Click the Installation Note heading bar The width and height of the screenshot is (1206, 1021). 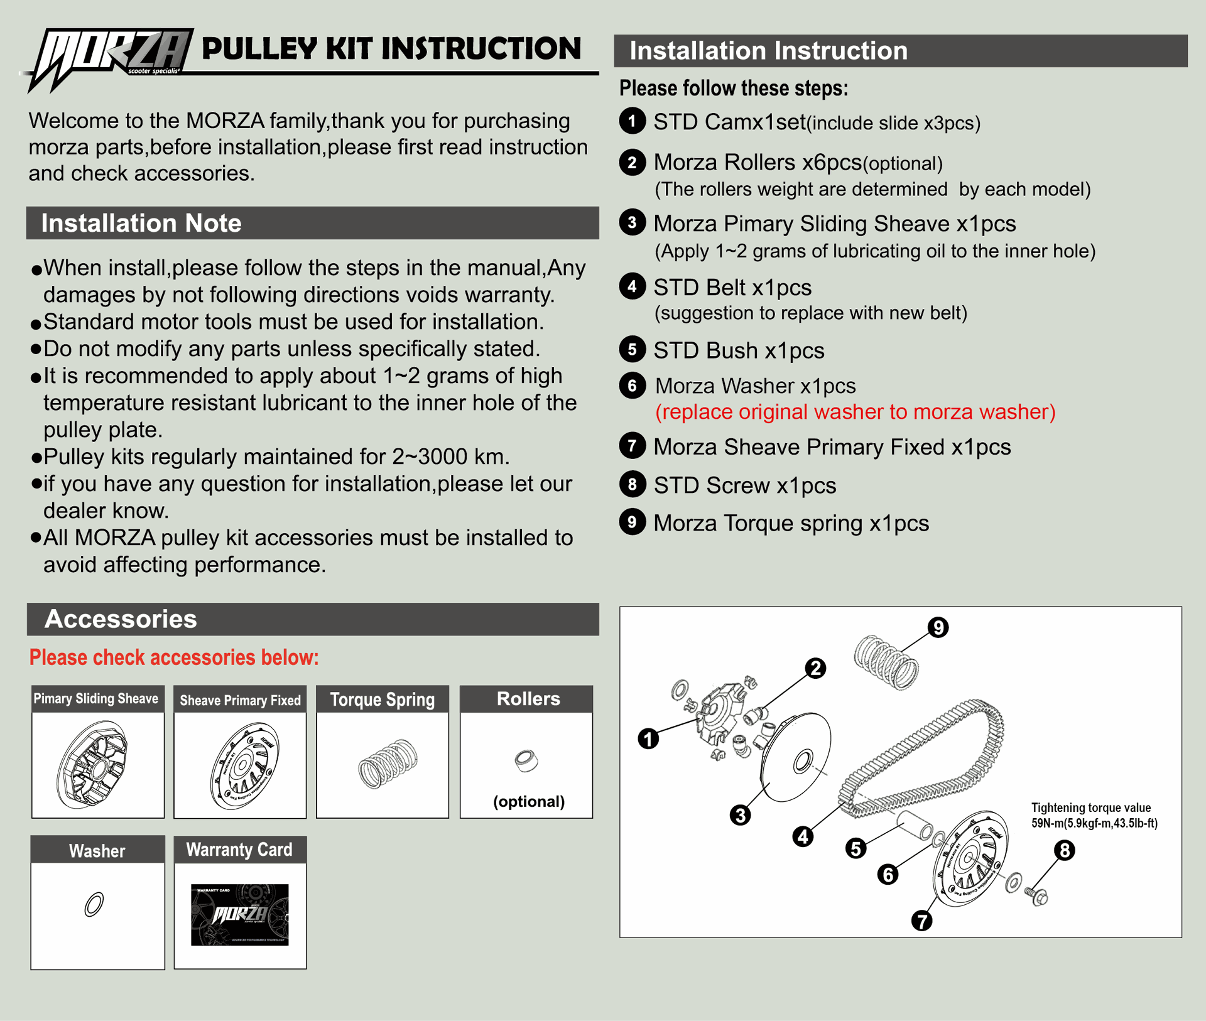(x=312, y=223)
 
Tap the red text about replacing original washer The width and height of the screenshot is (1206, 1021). (x=855, y=412)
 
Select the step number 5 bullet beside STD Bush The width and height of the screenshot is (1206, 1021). (x=632, y=350)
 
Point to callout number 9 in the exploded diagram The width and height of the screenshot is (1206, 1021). (x=938, y=627)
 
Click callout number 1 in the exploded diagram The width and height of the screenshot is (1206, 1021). (x=648, y=738)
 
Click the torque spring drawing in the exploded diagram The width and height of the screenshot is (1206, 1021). (x=886, y=662)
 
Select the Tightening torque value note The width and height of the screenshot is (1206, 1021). (x=1094, y=815)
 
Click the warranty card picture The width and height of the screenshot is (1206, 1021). (x=240, y=914)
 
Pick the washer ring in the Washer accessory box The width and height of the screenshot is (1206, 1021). (x=94, y=904)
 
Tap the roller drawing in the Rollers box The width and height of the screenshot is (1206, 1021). (x=526, y=760)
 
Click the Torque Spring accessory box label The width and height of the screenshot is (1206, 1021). (x=382, y=700)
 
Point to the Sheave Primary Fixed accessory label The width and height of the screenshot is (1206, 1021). (x=240, y=700)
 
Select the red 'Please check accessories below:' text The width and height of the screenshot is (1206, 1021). (x=174, y=657)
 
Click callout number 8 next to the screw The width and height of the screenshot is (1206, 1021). (x=1065, y=851)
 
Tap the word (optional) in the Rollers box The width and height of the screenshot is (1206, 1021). (x=529, y=801)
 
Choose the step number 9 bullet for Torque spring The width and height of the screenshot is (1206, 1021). (x=632, y=522)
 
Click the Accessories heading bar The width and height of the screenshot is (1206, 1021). (x=312, y=619)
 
